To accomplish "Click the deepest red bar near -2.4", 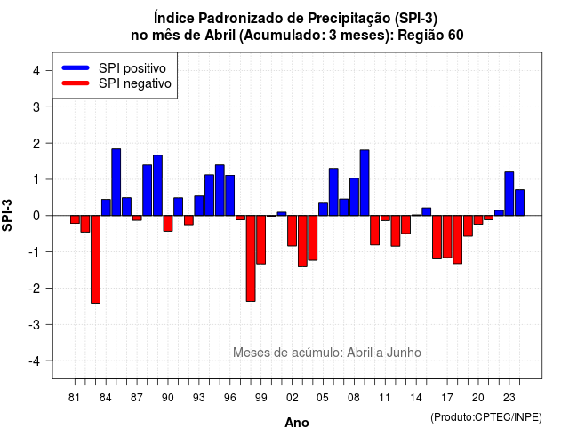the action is (x=95, y=259).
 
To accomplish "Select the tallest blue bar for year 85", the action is (x=116, y=182).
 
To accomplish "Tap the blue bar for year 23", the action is (x=509, y=194).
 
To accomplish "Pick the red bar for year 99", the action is (x=260, y=240).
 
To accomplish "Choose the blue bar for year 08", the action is (x=354, y=197).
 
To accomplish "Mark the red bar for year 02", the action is (x=293, y=231).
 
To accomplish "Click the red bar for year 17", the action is (x=447, y=237).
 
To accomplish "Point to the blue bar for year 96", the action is (x=230, y=195).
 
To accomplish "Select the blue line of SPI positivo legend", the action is (x=76, y=67).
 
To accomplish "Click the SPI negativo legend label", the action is (x=135, y=83).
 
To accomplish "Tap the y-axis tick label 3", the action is (x=36, y=107).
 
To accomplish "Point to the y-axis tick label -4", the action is (x=36, y=361).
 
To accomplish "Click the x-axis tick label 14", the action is (x=416, y=398).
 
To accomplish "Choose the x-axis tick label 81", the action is (x=74, y=398).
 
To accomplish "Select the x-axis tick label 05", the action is (x=323, y=398).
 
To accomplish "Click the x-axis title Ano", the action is (x=297, y=423).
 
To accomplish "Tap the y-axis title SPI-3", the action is (x=7, y=215).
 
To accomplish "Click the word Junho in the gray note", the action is (x=404, y=353).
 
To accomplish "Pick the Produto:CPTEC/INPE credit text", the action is (x=486, y=417).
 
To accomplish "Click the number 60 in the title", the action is (x=456, y=36).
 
